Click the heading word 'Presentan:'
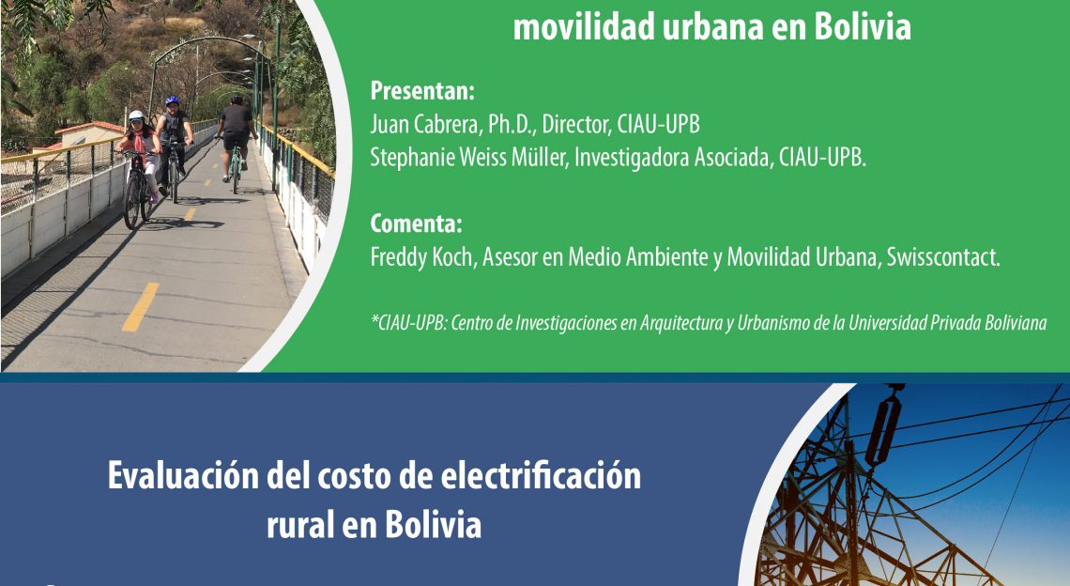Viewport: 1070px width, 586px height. pos(421,91)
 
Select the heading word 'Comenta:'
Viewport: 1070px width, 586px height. pos(416,224)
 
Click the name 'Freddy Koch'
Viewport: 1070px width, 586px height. pos(421,257)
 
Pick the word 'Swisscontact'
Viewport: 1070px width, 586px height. pos(943,257)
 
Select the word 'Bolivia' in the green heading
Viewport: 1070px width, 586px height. pos(863,26)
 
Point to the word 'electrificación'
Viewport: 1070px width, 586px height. pos(541,475)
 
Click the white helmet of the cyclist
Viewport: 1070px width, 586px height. pos(136,116)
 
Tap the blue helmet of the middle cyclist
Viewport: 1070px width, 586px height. pos(172,101)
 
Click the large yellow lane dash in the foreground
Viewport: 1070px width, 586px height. pos(141,307)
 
